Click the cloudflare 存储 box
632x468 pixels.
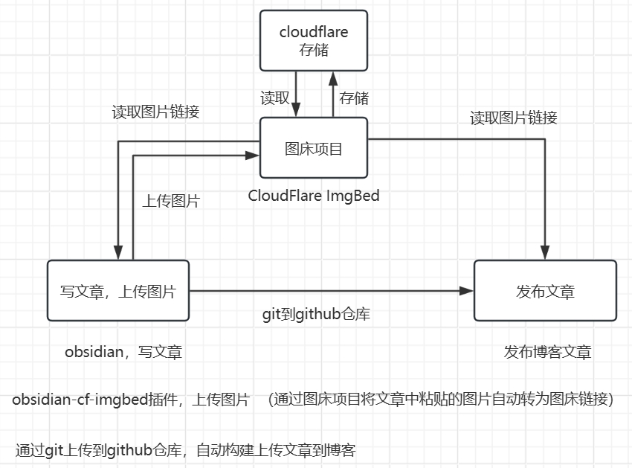pos(313,41)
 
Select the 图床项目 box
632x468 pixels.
pos(313,149)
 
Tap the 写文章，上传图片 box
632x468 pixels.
pos(117,292)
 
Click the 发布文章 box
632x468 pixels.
pos(545,291)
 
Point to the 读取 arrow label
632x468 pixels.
pos(274,97)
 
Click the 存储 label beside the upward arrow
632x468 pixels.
pos(354,97)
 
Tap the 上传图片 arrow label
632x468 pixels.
pos(171,201)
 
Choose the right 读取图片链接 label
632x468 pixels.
pos(514,118)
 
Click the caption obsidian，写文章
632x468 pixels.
pos(123,352)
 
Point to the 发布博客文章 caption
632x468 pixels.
pos(548,352)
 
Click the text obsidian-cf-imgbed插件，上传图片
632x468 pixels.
pos(131,400)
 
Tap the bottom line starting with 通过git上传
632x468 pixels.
pos(185,450)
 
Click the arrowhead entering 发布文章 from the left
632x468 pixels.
pos(468,291)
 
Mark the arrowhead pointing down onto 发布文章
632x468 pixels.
pos(546,254)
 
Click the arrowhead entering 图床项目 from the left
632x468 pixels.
pos(253,156)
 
